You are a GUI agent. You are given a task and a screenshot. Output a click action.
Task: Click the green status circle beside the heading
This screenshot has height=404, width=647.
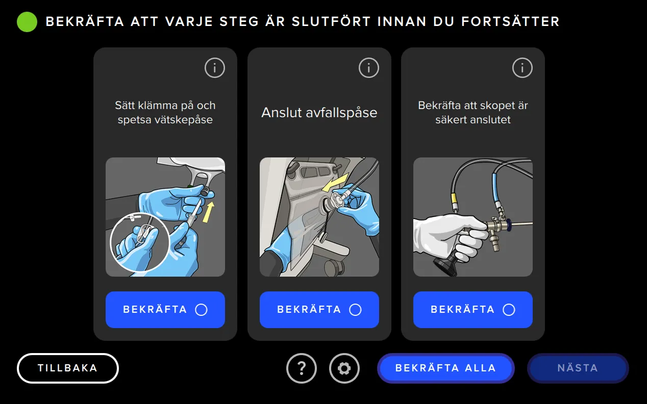pos(27,22)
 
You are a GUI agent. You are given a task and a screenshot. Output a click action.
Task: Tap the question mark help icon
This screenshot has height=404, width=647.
pos(302,368)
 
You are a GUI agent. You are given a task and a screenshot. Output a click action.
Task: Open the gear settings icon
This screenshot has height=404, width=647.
pos(344,368)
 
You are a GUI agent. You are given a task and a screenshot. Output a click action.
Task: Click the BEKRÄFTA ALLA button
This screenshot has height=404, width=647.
pos(445,368)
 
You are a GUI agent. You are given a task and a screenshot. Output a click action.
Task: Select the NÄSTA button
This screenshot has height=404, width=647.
pos(578,368)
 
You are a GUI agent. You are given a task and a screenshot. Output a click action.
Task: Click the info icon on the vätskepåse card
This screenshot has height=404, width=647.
pos(215,68)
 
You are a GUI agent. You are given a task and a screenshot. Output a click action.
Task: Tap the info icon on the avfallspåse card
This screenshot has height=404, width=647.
pos(369,68)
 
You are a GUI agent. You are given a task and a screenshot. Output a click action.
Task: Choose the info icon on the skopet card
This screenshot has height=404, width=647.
pos(522,68)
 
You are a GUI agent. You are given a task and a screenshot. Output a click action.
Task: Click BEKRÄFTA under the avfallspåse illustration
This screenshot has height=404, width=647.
pos(319,310)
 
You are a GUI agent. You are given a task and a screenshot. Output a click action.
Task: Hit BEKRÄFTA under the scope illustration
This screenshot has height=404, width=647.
pos(472,310)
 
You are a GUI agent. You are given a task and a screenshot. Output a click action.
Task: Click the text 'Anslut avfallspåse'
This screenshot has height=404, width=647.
pos(319,113)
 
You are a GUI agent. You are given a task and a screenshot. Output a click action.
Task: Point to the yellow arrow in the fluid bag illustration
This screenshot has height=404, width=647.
pos(208,211)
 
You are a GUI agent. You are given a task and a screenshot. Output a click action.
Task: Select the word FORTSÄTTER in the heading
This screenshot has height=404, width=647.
pos(510,22)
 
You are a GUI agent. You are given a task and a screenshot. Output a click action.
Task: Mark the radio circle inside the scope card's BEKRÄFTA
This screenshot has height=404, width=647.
pos(509,310)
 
